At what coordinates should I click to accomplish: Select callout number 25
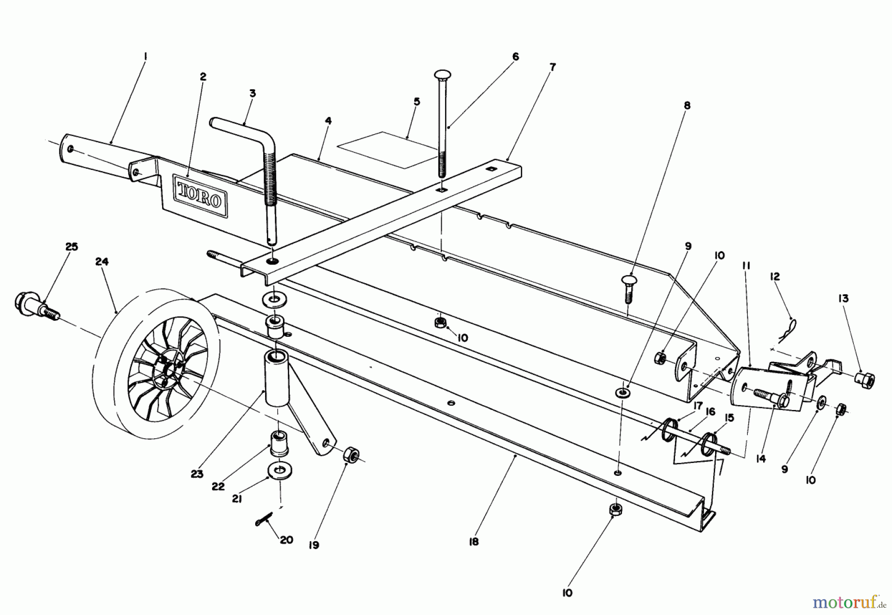[72, 247]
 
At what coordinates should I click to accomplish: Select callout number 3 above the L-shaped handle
[252, 93]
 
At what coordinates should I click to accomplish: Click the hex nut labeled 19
[351, 454]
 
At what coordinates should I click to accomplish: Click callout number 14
[761, 459]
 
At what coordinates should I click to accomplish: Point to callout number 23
[197, 474]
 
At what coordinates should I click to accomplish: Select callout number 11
[746, 266]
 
